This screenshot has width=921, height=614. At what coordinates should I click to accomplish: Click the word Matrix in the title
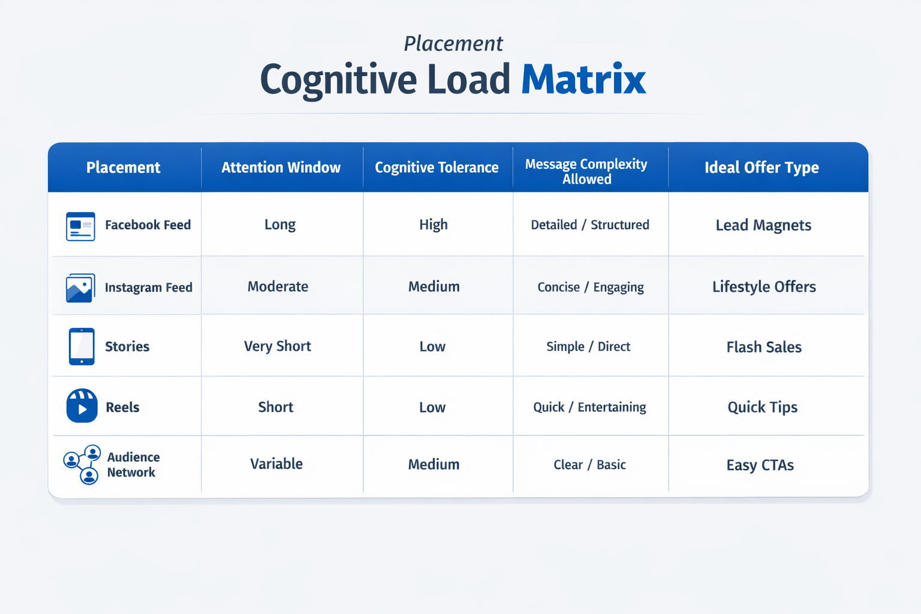583,80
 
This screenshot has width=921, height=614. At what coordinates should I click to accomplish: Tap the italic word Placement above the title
453,44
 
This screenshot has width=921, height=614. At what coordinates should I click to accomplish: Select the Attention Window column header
281,167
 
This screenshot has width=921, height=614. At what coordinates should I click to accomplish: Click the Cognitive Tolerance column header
437,167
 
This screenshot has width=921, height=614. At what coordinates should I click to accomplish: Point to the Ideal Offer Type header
762,167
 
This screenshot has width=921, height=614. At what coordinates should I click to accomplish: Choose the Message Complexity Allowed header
586,171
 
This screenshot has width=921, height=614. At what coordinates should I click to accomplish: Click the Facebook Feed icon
80,226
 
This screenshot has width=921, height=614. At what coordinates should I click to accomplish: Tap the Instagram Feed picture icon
80,288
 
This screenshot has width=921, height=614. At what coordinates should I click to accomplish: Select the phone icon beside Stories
82,347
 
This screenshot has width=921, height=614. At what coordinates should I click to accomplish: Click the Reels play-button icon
82,406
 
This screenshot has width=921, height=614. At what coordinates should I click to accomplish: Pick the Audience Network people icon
82,465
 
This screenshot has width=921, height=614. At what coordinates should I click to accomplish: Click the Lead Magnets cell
763,225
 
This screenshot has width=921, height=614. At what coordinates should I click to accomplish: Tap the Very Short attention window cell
277,347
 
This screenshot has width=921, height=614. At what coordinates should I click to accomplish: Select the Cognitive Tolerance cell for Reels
432,408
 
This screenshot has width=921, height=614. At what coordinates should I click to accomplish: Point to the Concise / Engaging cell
591,287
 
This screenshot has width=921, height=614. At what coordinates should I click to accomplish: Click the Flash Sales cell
764,347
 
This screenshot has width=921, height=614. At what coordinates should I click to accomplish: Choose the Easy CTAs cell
760,465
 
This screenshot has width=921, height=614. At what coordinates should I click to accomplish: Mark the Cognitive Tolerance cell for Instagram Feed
434,287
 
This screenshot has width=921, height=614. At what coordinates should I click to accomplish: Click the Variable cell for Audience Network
276,464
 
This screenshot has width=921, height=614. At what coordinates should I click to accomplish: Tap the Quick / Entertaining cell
589,408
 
